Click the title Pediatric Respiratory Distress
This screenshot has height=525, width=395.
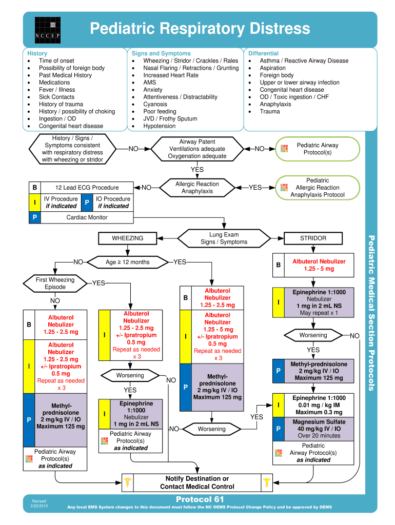pos(200,28)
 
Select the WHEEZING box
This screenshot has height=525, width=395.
pos(128,238)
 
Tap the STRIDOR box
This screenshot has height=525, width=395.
pos(313,238)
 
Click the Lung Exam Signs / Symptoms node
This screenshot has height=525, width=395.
pos(224,238)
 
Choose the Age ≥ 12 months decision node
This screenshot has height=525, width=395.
pos(127,262)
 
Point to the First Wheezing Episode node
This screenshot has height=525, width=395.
pos(55,284)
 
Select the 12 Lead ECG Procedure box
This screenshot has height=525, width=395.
pos(87,188)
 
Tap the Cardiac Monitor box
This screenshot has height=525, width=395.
pos(87,217)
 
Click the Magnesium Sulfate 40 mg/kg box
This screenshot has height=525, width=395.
pos(319,429)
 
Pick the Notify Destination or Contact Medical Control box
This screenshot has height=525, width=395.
pos(197,482)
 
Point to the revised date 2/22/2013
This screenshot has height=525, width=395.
pos(39,507)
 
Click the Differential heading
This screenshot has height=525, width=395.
pos(263,53)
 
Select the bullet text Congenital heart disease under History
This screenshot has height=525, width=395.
pos(71,126)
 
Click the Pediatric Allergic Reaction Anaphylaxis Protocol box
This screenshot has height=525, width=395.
pos(318,188)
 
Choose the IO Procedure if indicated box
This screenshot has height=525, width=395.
pos(113,203)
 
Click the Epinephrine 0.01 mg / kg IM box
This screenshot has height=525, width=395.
pos(319,405)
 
